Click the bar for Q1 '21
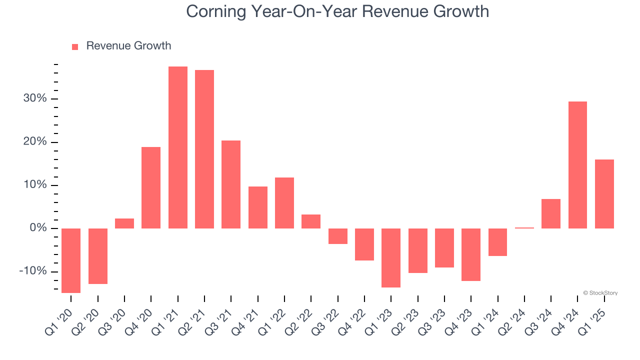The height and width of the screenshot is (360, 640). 177,147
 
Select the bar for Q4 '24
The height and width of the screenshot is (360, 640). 577,165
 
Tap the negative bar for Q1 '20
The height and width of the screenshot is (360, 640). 71,260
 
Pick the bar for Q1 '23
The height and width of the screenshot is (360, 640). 391,258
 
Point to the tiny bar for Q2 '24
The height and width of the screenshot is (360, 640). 524,228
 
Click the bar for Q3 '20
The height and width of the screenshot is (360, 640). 124,223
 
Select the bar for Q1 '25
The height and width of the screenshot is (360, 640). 604,194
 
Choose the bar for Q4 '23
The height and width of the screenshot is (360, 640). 471,254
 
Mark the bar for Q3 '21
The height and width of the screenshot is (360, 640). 231,184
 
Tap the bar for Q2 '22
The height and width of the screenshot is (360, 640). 311,221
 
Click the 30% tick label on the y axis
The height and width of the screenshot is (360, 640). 35,99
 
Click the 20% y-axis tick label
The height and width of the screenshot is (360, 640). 35,142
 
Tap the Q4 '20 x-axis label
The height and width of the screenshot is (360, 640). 141,320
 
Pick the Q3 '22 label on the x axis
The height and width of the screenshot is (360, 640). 328,320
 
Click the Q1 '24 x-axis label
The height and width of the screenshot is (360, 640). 488,320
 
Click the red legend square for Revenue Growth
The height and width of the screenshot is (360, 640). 75,47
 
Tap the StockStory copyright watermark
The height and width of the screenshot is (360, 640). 600,293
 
